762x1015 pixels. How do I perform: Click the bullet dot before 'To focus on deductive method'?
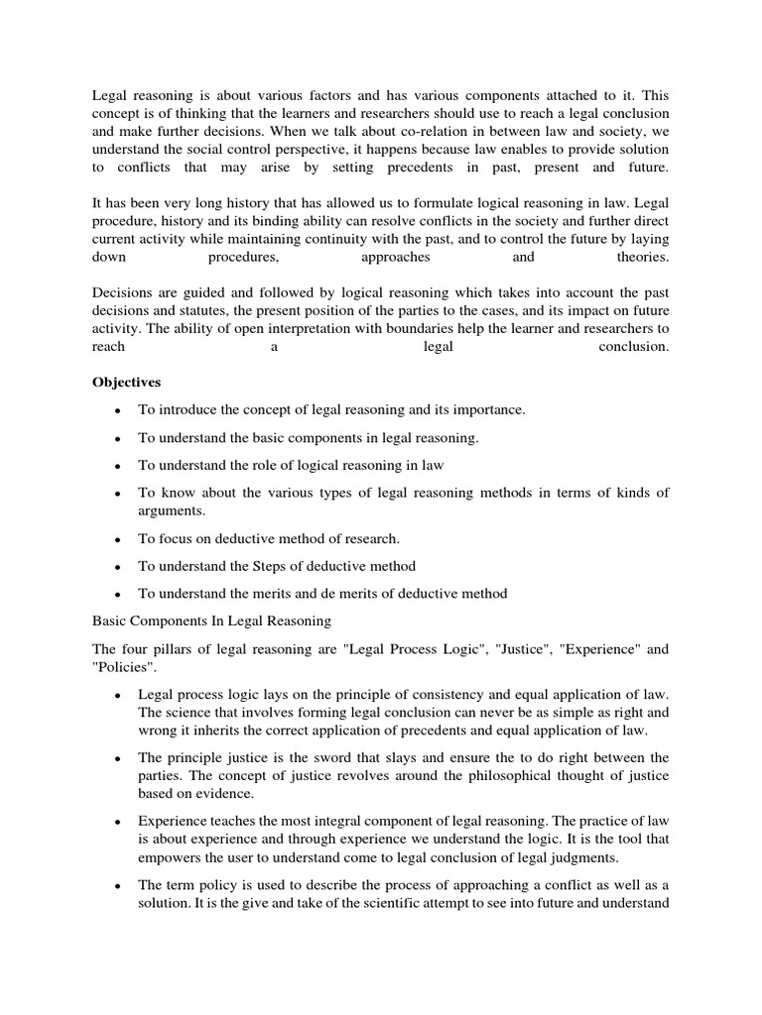[x=118, y=539]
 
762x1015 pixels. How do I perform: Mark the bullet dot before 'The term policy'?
[x=118, y=886]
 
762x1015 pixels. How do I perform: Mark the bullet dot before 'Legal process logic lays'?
[x=118, y=694]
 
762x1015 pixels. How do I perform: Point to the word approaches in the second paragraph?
[x=396, y=257]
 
